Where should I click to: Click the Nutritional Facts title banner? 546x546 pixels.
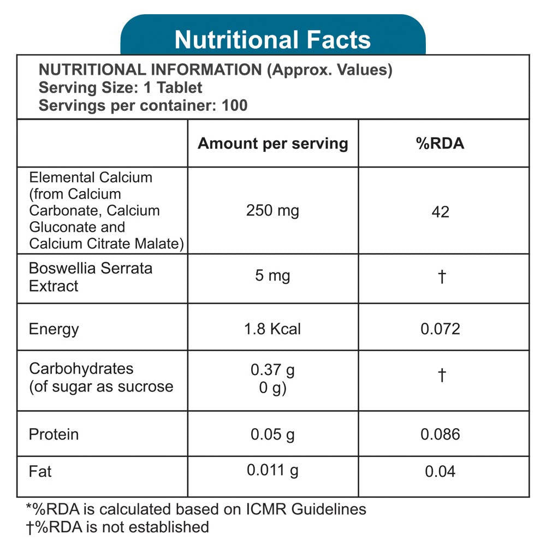click(x=272, y=39)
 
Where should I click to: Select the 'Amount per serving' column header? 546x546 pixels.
click(x=272, y=144)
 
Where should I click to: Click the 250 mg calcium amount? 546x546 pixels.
click(x=272, y=210)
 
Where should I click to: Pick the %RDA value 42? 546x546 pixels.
click(x=440, y=212)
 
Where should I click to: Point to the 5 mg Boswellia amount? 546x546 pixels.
click(x=272, y=276)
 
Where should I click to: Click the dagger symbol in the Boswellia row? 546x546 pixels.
click(x=442, y=277)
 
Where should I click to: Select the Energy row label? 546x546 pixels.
click(x=54, y=329)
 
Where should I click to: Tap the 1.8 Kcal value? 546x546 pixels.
click(x=272, y=329)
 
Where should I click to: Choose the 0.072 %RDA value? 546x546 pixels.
click(x=440, y=329)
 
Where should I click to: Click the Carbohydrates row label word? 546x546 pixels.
click(x=81, y=369)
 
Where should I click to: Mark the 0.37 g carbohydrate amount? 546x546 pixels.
click(x=272, y=370)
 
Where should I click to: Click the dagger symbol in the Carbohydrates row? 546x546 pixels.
click(x=442, y=376)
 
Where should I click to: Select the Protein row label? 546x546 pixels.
click(x=54, y=435)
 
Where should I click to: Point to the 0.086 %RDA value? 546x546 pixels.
click(x=440, y=435)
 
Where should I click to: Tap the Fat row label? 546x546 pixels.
click(x=40, y=471)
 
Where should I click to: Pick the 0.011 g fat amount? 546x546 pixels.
click(x=272, y=470)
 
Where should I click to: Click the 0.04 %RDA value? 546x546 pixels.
click(x=440, y=471)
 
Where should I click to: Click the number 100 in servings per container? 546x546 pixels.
click(x=235, y=105)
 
